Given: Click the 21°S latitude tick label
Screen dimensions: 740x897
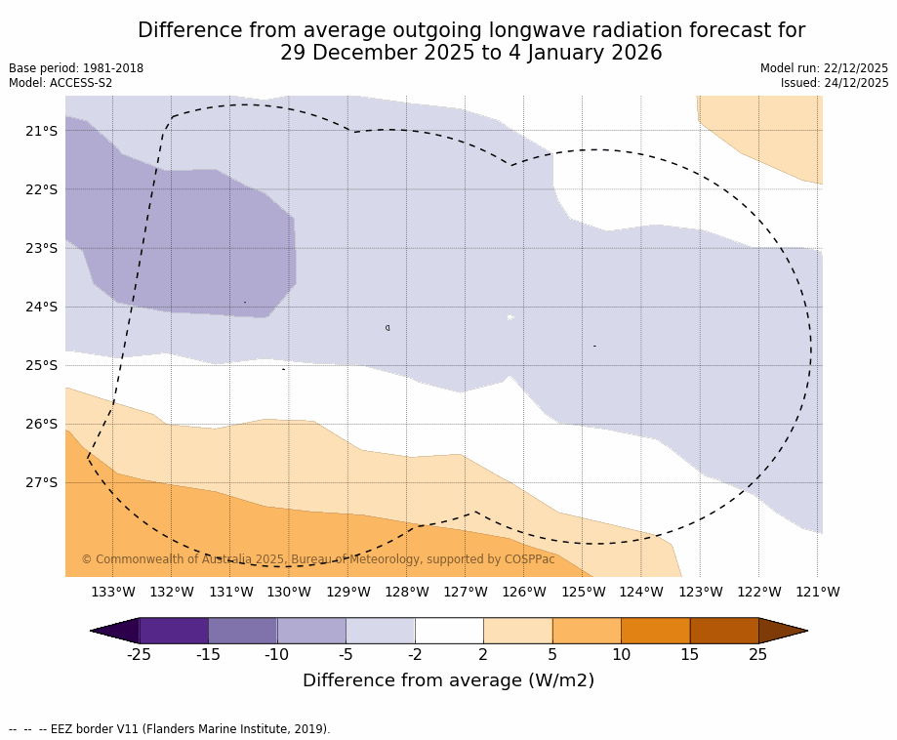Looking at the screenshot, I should click(41, 131).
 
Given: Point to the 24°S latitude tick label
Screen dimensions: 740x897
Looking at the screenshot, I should click(41, 307).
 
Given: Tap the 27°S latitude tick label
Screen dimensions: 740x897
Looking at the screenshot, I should click(41, 482).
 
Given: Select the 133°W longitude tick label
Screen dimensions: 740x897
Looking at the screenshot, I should click(113, 592).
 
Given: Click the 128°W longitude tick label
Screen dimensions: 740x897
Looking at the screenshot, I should click(407, 592).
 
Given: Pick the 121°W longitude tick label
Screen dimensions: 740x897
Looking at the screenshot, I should click(818, 592).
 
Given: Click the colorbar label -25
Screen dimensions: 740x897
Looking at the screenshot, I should click(140, 655).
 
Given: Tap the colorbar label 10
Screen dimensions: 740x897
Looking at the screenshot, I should click(621, 655).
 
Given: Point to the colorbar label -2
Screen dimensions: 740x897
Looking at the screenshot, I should click(415, 655).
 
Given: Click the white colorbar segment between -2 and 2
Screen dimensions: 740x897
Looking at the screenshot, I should click(449, 631).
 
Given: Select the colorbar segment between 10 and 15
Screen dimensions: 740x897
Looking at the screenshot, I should click(655, 631).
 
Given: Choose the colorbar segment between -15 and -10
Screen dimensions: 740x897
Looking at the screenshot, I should click(243, 631).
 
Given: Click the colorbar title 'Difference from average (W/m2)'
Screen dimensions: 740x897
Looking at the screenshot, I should click(448, 680).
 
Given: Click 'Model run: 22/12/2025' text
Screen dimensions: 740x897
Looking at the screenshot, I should click(824, 68).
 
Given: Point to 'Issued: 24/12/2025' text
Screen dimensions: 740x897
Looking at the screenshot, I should click(835, 83).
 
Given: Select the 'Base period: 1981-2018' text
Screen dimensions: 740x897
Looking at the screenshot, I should click(76, 68).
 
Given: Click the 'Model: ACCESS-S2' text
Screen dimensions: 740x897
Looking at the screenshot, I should click(61, 83).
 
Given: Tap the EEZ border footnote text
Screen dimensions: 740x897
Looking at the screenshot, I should click(169, 729).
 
